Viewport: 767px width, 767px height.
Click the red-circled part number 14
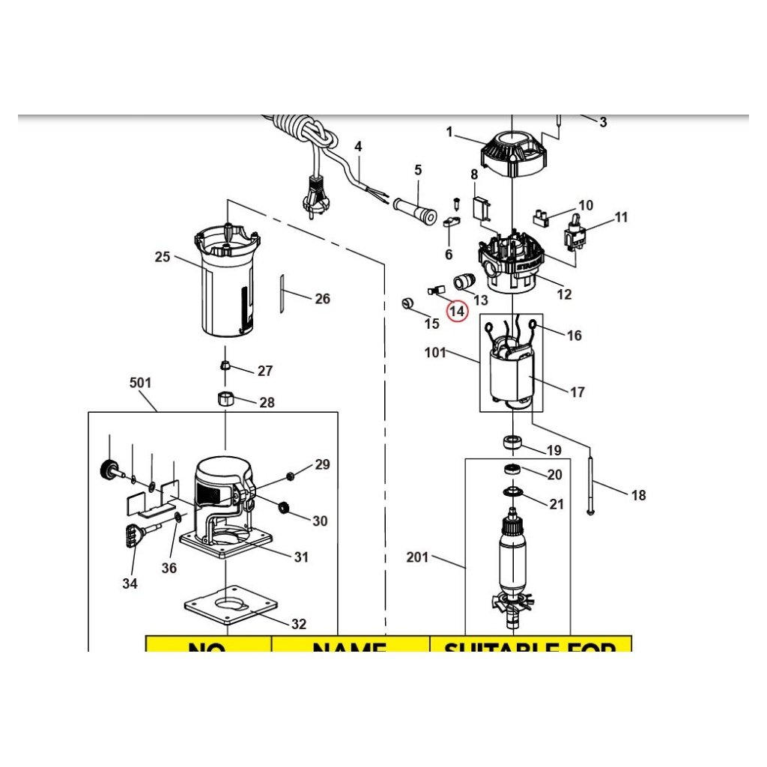(456, 310)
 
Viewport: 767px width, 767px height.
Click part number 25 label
(163, 257)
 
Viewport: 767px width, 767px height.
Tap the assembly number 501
(141, 383)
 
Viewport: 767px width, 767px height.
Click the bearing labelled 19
(513, 440)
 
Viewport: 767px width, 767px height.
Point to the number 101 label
(436, 352)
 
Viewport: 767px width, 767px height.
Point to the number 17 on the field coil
(577, 392)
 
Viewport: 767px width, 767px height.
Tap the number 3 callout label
(603, 122)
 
